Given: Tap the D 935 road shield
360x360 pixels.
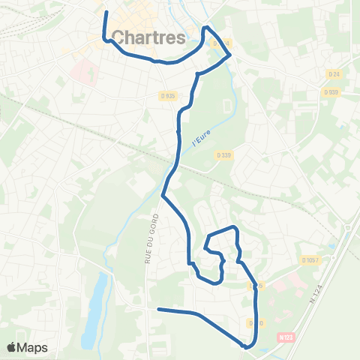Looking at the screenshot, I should point(167,95).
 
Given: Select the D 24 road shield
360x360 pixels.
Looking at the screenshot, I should point(334,73).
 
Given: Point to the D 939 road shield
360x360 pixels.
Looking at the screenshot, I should point(331,91).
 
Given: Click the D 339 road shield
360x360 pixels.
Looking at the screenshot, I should point(223,155).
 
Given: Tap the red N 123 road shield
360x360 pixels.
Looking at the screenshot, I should point(282,338).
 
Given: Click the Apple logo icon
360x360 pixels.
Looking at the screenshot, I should point(13,347).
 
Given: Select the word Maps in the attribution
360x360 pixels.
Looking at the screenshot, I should point(34,347).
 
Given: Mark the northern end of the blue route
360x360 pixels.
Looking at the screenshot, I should point(106,13).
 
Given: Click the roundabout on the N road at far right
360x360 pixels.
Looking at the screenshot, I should point(349,227).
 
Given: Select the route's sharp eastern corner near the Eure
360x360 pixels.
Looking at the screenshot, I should point(229,54).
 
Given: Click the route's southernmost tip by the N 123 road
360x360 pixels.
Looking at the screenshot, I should point(246,347).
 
